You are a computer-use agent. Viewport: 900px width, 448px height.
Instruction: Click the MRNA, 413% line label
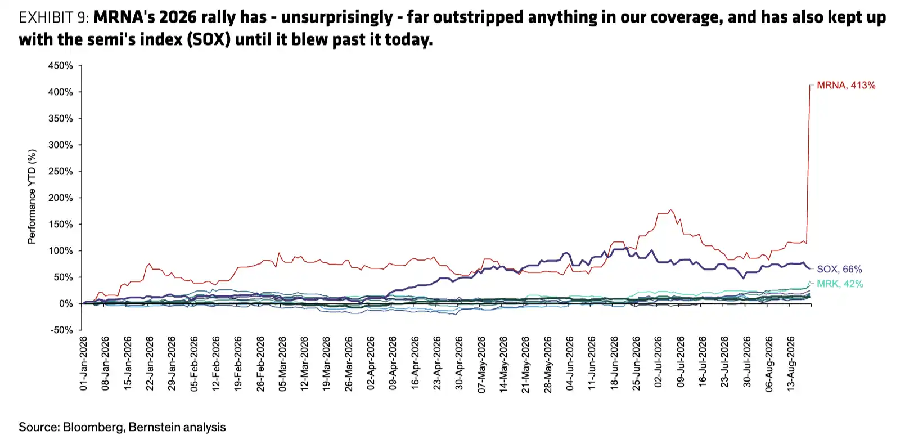(846, 85)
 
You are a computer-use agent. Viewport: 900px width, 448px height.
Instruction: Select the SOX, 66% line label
(839, 269)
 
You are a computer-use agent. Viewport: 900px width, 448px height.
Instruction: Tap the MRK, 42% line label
(840, 284)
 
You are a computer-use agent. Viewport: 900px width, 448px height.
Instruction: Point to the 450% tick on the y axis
(60, 65)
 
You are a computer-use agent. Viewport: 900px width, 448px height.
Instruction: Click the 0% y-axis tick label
(66, 304)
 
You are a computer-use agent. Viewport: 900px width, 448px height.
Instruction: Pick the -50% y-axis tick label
(61, 330)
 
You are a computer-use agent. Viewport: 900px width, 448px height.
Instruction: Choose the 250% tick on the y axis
(60, 171)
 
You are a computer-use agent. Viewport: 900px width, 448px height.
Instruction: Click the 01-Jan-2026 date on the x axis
(84, 364)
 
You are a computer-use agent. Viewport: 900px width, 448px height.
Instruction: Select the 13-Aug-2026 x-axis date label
(791, 364)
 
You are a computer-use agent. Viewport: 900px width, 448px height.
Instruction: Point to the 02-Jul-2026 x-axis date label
(658, 362)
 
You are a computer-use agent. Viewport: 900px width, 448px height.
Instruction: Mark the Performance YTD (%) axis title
(31, 196)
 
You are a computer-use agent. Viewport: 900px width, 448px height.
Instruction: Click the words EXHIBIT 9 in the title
(54, 17)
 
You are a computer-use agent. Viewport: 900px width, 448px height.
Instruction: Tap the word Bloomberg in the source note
(92, 427)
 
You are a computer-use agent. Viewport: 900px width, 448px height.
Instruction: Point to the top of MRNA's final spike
(809, 85)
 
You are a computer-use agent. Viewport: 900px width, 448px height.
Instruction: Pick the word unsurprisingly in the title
(337, 17)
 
